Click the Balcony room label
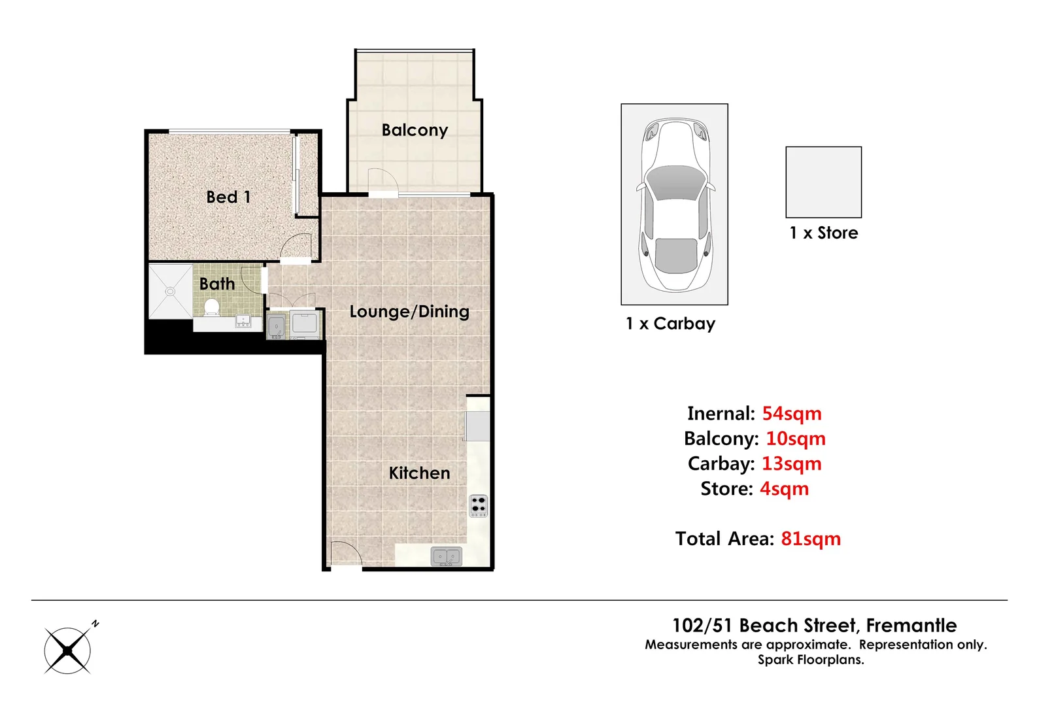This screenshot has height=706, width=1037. [x=415, y=130]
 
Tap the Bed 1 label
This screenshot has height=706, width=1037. [x=228, y=197]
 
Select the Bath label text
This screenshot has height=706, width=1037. [x=217, y=284]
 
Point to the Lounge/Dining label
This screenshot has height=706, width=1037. [x=409, y=311]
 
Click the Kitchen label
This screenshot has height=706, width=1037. [x=419, y=473]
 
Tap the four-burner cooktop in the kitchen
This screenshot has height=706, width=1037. [x=479, y=505]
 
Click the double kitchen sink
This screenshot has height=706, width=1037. [x=447, y=557]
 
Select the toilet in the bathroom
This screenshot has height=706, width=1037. [x=212, y=307]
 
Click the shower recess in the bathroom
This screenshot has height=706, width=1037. [x=170, y=291]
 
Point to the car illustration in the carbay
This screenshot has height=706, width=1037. [x=675, y=204]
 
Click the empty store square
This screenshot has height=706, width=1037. [x=823, y=182]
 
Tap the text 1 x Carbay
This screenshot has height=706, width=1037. [x=670, y=324]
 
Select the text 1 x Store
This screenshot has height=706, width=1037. [x=823, y=233]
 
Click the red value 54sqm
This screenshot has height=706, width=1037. [x=791, y=414]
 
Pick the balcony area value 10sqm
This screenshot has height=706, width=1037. [x=795, y=439]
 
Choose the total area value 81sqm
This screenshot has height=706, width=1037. [x=810, y=539]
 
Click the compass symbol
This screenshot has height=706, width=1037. [x=68, y=650]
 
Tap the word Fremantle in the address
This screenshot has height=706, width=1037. [x=911, y=626]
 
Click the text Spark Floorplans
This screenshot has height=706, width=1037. [x=811, y=660]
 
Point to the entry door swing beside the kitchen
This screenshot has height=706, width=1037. [x=345, y=554]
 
